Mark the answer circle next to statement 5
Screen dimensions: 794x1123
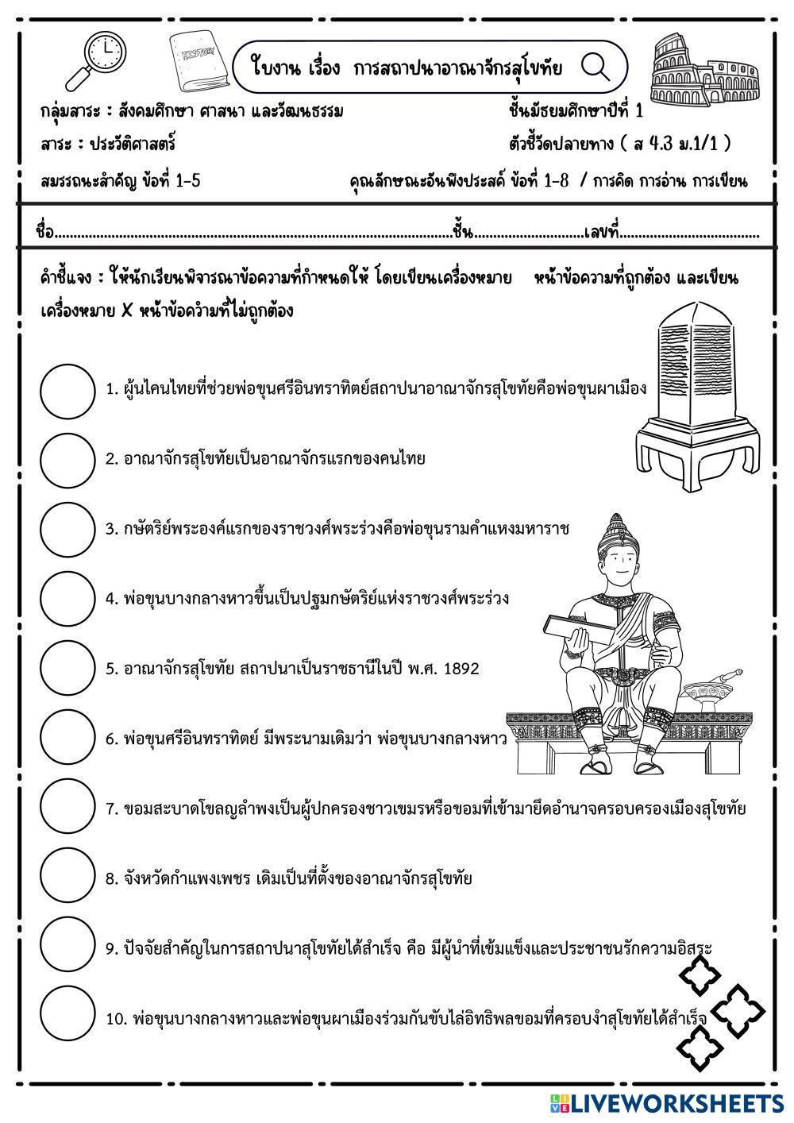67,669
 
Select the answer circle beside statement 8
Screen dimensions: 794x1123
67,878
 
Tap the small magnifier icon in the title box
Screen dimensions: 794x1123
595,67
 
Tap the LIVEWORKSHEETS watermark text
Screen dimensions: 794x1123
675,1102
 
